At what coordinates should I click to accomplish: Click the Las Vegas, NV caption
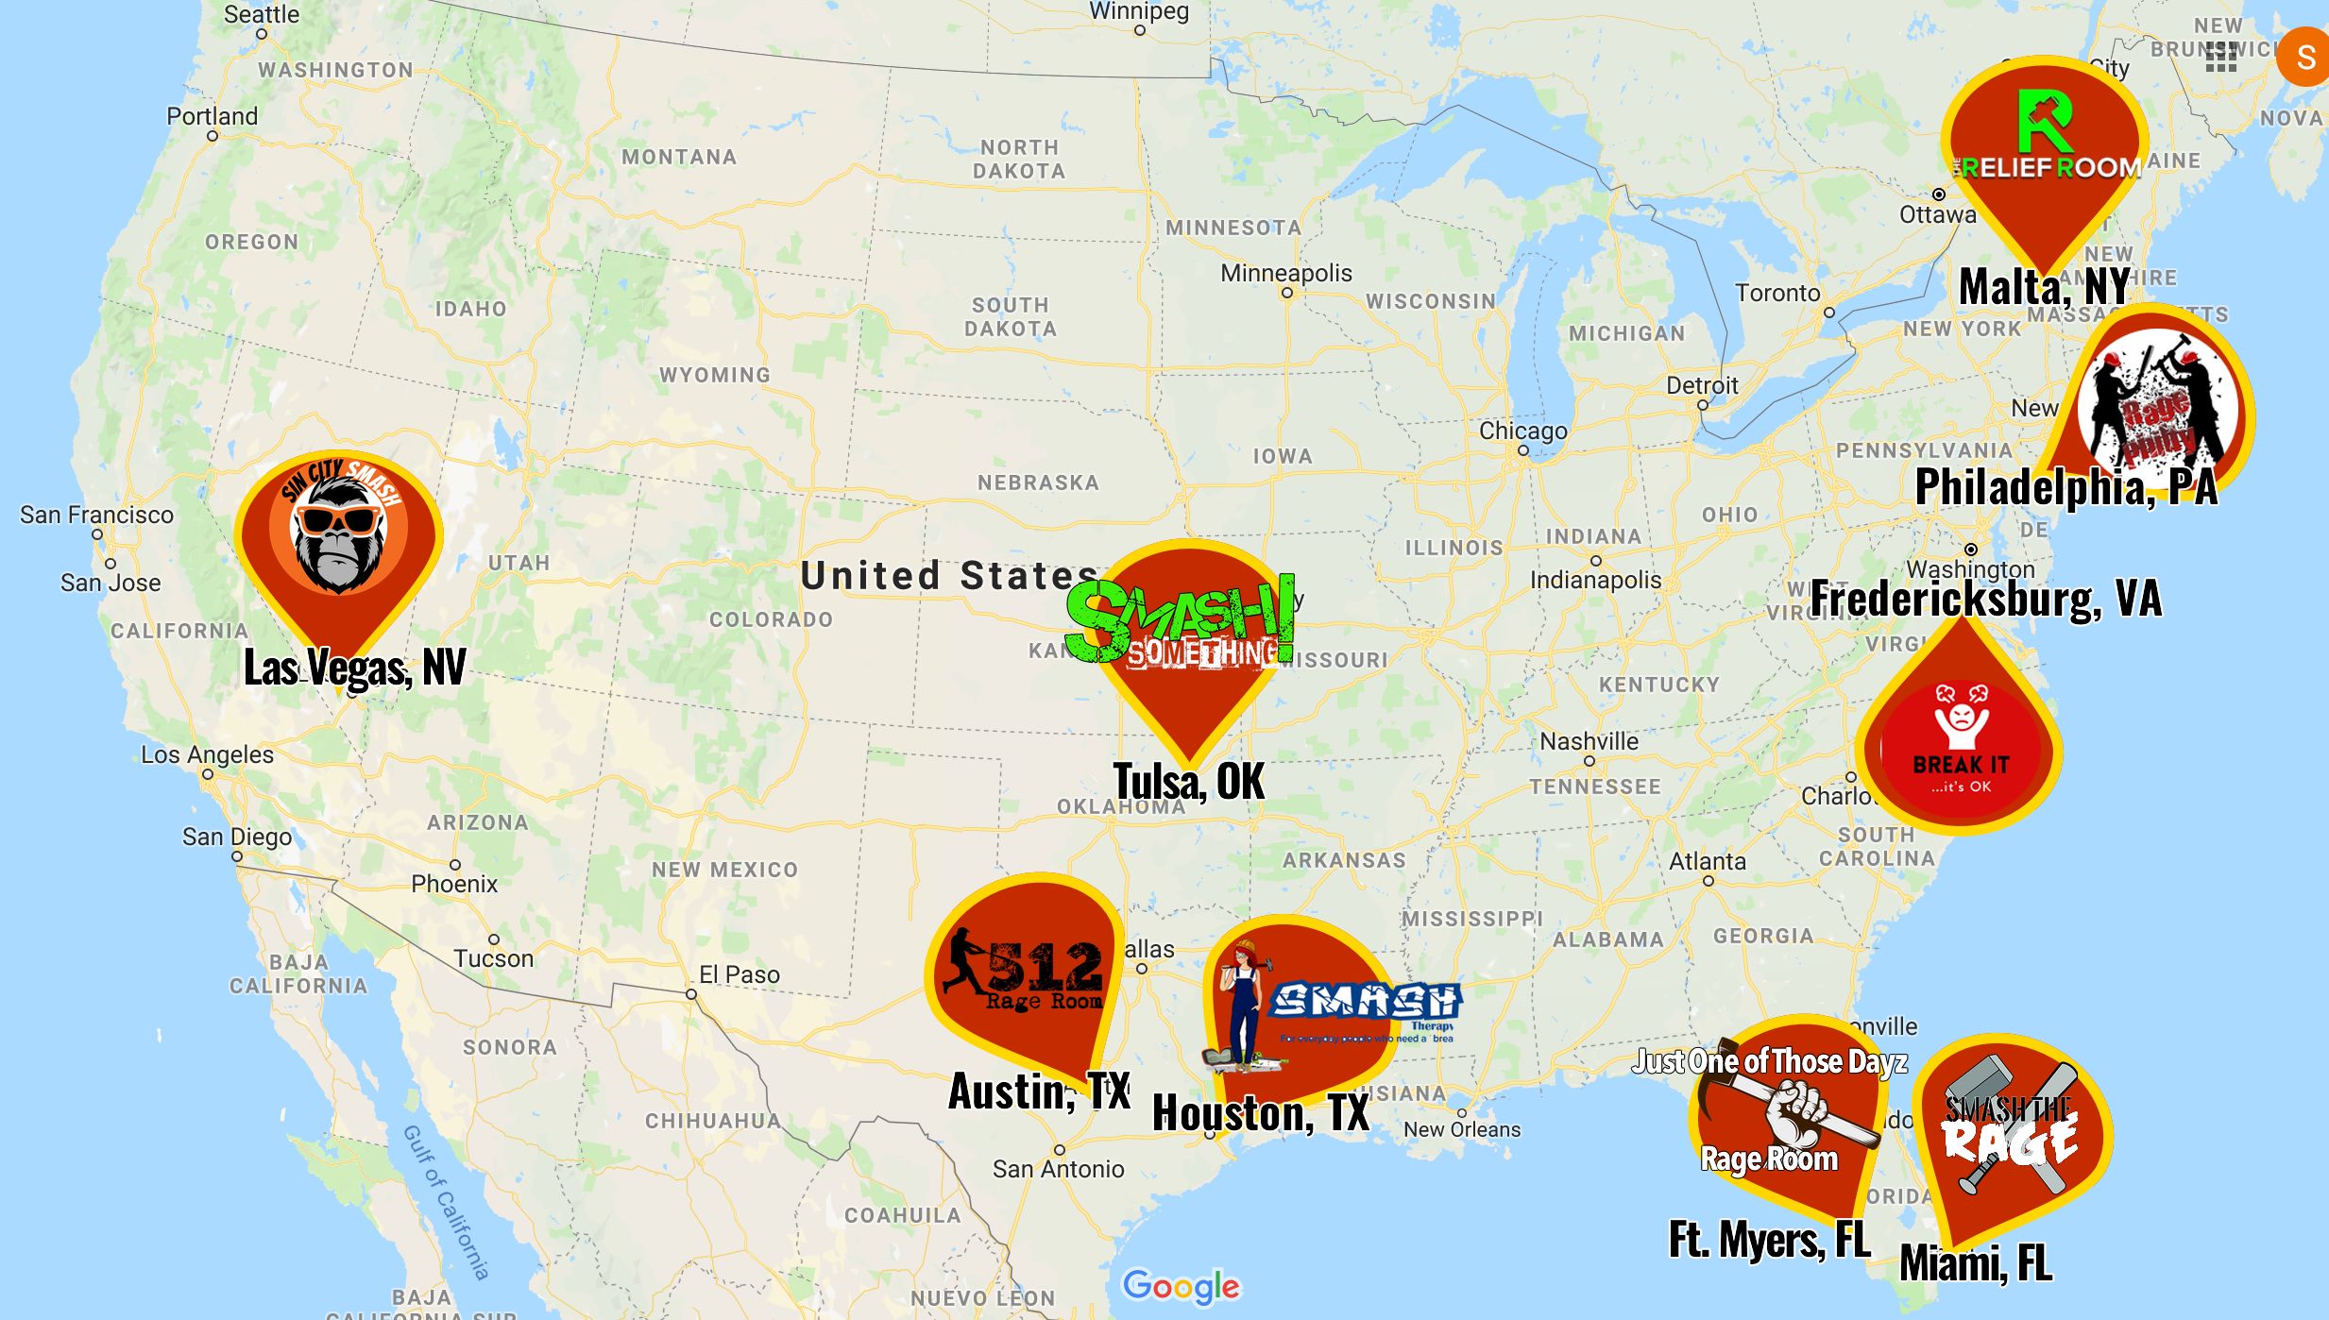tap(354, 668)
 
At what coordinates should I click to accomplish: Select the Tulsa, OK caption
tap(1188, 781)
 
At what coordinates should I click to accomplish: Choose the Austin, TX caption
tap(1039, 1092)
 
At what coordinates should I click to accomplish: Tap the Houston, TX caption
tap(1261, 1112)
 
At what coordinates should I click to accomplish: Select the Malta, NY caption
tap(2045, 287)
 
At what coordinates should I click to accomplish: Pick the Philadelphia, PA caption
tap(2066, 487)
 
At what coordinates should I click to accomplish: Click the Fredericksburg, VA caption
tap(1985, 598)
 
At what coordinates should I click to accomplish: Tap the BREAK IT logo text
tap(1962, 764)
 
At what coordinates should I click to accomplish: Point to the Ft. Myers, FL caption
tap(1769, 1240)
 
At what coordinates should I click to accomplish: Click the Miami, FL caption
tap(1976, 1262)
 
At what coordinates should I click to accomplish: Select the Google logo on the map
tap(1181, 1286)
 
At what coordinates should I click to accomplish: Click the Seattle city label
tap(262, 14)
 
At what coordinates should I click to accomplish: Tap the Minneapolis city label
tap(1285, 273)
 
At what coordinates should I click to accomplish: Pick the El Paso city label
tap(739, 974)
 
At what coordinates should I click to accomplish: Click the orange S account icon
tap(2305, 57)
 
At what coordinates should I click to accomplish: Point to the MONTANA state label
tap(679, 157)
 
